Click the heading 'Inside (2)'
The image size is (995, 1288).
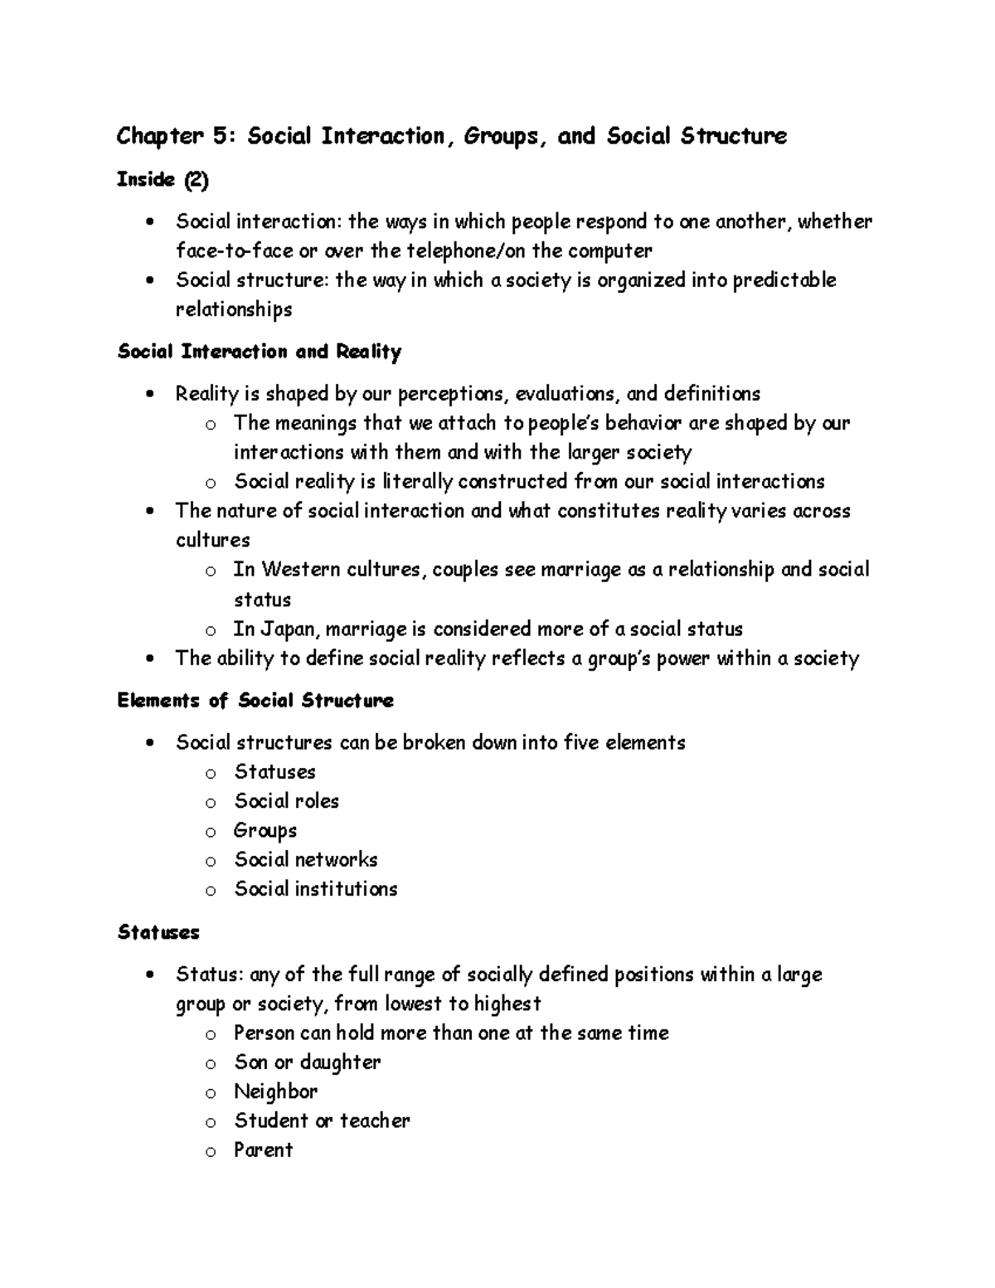(163, 180)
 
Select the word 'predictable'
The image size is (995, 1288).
(785, 280)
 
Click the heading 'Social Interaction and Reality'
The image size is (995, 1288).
(260, 352)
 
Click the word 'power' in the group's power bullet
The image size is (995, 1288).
(683, 659)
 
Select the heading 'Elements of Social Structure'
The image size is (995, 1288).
(255, 701)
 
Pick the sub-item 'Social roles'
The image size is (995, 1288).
(286, 801)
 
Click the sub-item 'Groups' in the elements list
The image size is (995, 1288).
(265, 830)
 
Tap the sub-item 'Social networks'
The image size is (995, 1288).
(306, 859)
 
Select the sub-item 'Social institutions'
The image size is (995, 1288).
(316, 889)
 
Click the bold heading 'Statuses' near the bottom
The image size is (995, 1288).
(158, 932)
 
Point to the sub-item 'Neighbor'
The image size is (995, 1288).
(276, 1091)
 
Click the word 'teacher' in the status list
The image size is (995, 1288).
(375, 1120)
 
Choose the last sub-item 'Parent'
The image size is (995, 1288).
(264, 1150)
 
